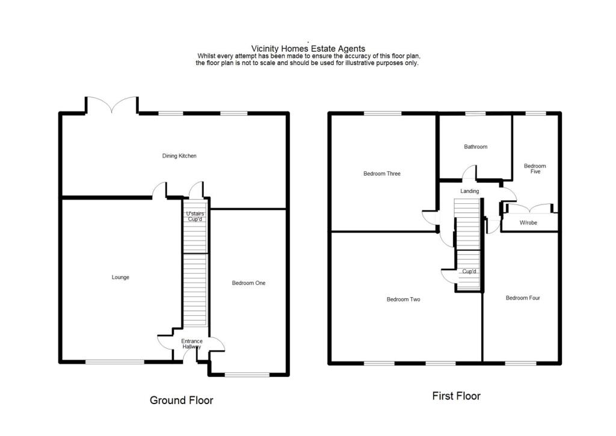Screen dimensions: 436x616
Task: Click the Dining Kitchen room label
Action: click(x=179, y=156)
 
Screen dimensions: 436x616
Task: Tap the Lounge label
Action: click(x=120, y=277)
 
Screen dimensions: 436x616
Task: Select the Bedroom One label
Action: click(x=248, y=283)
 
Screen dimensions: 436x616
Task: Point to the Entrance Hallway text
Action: click(x=192, y=345)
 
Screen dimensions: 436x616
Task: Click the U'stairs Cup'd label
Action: click(x=194, y=216)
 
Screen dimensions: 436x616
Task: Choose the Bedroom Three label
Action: click(x=381, y=174)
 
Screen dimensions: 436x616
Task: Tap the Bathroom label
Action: click(x=475, y=147)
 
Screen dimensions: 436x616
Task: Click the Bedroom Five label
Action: click(x=535, y=169)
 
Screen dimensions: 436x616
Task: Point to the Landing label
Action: click(x=470, y=191)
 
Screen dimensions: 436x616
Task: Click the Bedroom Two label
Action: click(x=403, y=299)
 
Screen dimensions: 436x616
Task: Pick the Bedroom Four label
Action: click(x=522, y=298)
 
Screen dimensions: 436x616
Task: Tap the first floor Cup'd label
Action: click(x=469, y=272)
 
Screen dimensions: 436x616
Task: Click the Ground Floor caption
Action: click(x=181, y=400)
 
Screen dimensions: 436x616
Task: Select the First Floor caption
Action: click(x=456, y=396)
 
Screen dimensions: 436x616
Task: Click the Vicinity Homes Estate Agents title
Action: click(x=308, y=49)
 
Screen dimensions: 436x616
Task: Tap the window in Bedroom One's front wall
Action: click(x=247, y=375)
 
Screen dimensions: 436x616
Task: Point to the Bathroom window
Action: click(x=475, y=113)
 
